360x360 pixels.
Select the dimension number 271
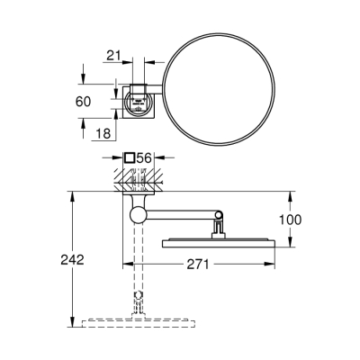tap(200, 264)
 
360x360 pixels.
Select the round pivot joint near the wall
tap(136, 215)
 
